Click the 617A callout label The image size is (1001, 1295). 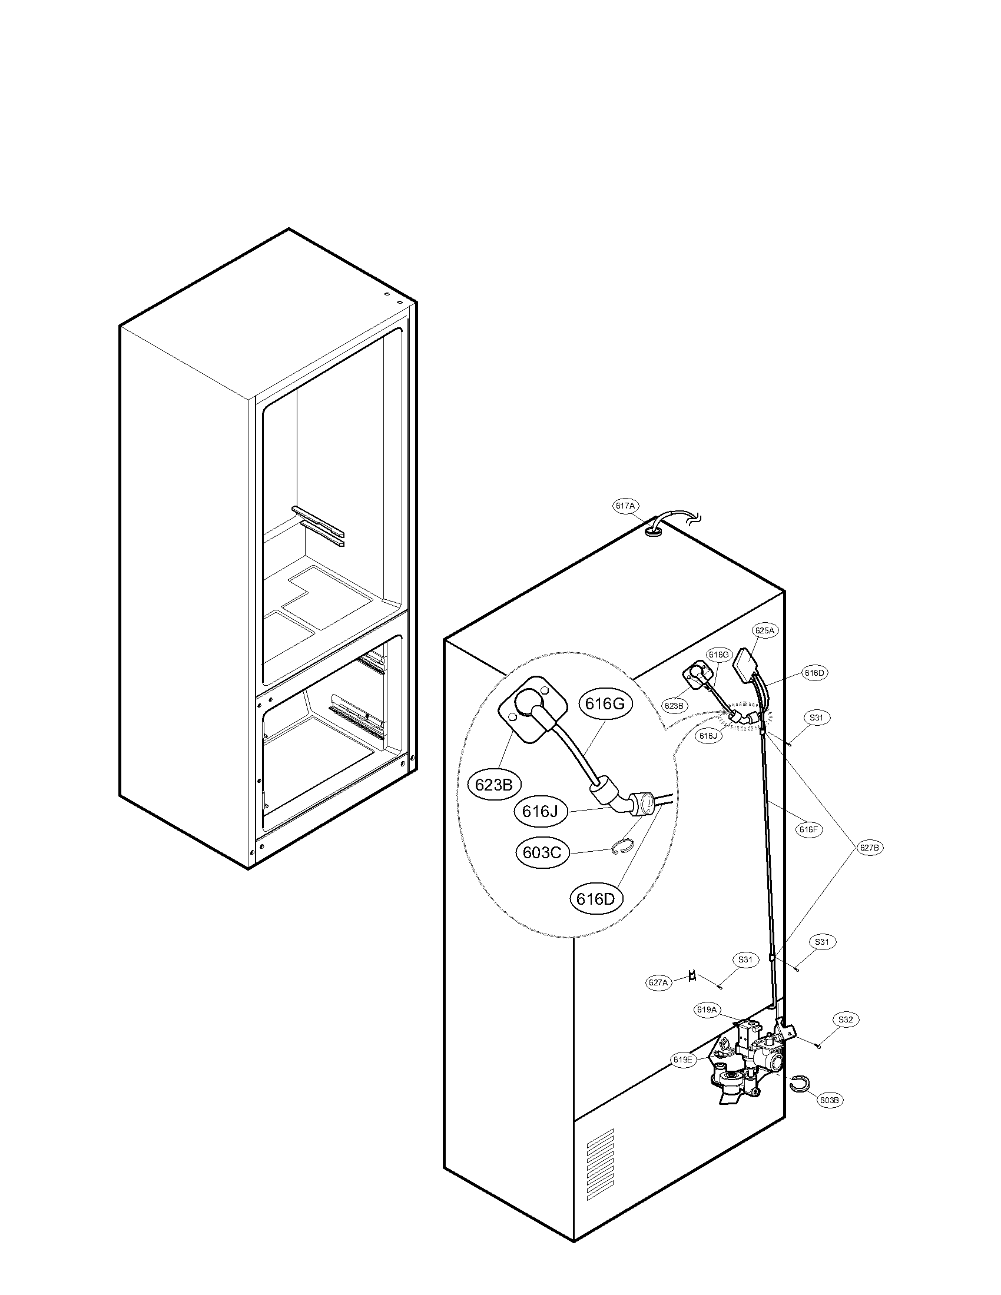point(625,506)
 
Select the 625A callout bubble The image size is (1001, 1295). point(765,630)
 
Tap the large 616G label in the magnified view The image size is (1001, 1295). point(605,704)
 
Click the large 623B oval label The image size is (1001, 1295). point(494,785)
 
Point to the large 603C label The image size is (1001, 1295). point(542,853)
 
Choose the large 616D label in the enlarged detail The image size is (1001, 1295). point(595,899)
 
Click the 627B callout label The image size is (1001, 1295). point(869,848)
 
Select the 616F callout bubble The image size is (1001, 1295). point(808,829)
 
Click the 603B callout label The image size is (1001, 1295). point(829,1100)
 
